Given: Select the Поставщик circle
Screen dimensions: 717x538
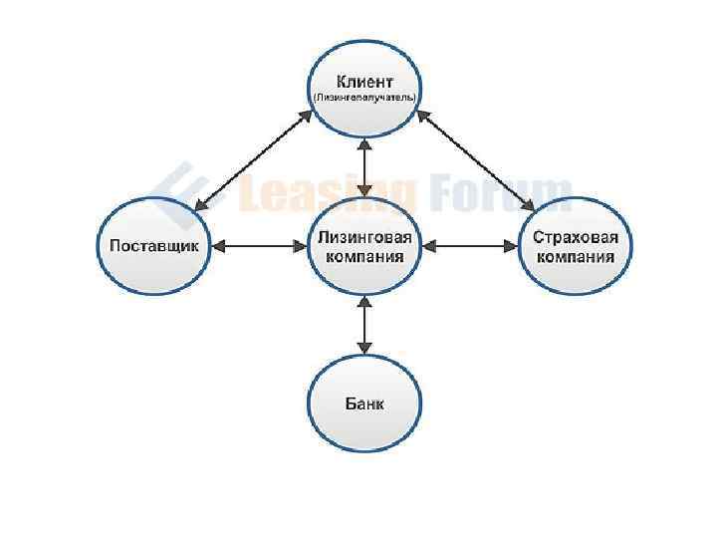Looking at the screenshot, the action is coord(154,245).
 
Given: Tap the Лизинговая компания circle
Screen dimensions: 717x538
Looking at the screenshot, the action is coord(364,245).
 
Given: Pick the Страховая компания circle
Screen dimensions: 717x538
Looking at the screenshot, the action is coord(576,245).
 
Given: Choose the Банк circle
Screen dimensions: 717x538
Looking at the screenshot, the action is coord(364,403).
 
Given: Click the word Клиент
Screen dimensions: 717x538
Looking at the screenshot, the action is coord(364,82).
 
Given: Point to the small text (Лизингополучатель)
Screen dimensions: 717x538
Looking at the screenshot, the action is coord(364,98).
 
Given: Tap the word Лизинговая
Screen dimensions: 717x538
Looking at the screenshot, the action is coord(364,237).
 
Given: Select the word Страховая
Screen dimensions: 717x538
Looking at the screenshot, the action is coord(576,237).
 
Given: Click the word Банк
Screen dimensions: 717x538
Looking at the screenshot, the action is coord(364,403).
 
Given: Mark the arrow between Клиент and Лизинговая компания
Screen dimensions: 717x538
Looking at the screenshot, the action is coord(365,166).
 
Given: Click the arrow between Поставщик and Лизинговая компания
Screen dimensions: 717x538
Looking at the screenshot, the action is coord(259,245).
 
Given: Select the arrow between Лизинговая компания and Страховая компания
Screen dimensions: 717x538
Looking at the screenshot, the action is coord(470,245).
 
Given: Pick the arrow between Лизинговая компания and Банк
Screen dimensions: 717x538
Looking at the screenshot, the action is coord(365,324).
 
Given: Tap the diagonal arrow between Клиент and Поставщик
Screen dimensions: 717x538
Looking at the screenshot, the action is coord(254,159).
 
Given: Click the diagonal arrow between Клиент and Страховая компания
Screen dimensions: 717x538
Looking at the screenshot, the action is coord(475,159).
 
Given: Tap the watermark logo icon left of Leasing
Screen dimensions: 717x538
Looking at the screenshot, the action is coord(179,189).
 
